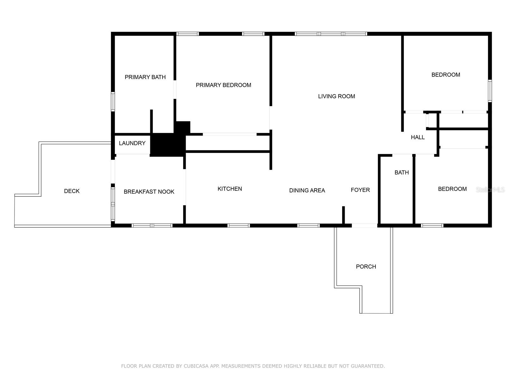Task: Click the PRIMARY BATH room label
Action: pos(145,77)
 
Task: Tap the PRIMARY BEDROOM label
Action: pos(223,85)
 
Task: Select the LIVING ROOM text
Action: pos(336,96)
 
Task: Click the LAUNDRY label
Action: pos(132,143)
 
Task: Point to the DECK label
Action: pos(72,191)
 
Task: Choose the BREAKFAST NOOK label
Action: pos(149,192)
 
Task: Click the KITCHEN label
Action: pos(230,189)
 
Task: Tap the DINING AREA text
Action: pos(307,190)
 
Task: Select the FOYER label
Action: pos(360,190)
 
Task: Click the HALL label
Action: pos(417,137)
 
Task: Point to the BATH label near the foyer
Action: pos(402,172)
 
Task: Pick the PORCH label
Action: pos(366,267)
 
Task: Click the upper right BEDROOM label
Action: pos(446,75)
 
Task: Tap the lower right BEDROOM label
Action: pos(452,189)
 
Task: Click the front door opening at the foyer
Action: pos(364,226)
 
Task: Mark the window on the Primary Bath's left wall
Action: pos(113,101)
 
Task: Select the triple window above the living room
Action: pos(331,34)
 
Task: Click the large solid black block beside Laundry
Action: pos(167,145)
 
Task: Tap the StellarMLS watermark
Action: pos(490,190)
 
